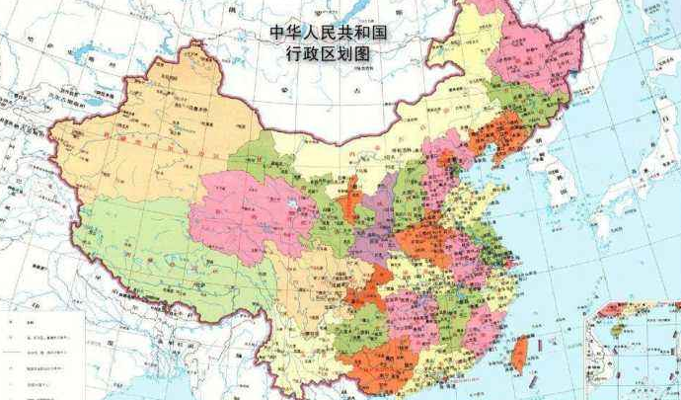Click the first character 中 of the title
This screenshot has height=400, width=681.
point(278,32)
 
